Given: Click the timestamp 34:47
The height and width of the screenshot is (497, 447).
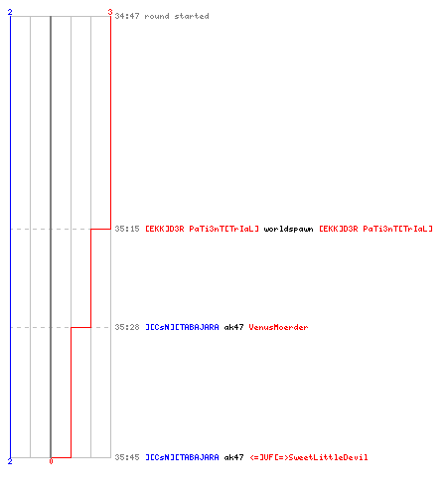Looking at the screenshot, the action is (127, 16).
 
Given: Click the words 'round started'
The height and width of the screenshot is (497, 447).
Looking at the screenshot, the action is (177, 16).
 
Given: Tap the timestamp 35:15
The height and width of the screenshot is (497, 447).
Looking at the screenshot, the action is (127, 229).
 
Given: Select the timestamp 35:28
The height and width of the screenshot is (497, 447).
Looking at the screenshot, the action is (127, 327).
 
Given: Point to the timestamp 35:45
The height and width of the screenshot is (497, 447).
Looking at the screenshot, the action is (127, 457).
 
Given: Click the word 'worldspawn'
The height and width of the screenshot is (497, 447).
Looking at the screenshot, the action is (288, 229).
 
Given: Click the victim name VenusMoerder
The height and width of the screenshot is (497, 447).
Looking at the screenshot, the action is (278, 327).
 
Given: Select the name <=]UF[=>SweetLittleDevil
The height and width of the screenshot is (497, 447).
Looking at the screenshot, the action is (309, 457).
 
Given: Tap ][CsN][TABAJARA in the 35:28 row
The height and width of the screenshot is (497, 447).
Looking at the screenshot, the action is (182, 327).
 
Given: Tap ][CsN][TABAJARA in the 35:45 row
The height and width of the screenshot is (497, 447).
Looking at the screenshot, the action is (182, 457).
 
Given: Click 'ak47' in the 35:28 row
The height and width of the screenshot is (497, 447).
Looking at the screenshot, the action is (233, 327).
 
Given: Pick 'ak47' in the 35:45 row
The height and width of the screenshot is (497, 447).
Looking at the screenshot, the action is (233, 457).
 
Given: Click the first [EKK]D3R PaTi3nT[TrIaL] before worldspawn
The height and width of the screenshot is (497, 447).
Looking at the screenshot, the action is (202, 229).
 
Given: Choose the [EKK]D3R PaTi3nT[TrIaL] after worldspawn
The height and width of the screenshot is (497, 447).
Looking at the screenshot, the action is (375, 229).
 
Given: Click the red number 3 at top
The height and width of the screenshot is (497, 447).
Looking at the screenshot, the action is (110, 12).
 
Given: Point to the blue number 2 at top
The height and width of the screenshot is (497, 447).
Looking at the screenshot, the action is (10, 12).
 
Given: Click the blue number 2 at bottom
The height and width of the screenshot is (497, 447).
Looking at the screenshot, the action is (10, 461).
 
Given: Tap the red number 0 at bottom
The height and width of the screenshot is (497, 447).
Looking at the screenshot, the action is (51, 461).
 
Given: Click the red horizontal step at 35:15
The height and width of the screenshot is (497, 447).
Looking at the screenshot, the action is (100, 229).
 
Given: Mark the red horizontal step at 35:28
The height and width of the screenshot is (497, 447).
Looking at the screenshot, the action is (80, 327).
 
